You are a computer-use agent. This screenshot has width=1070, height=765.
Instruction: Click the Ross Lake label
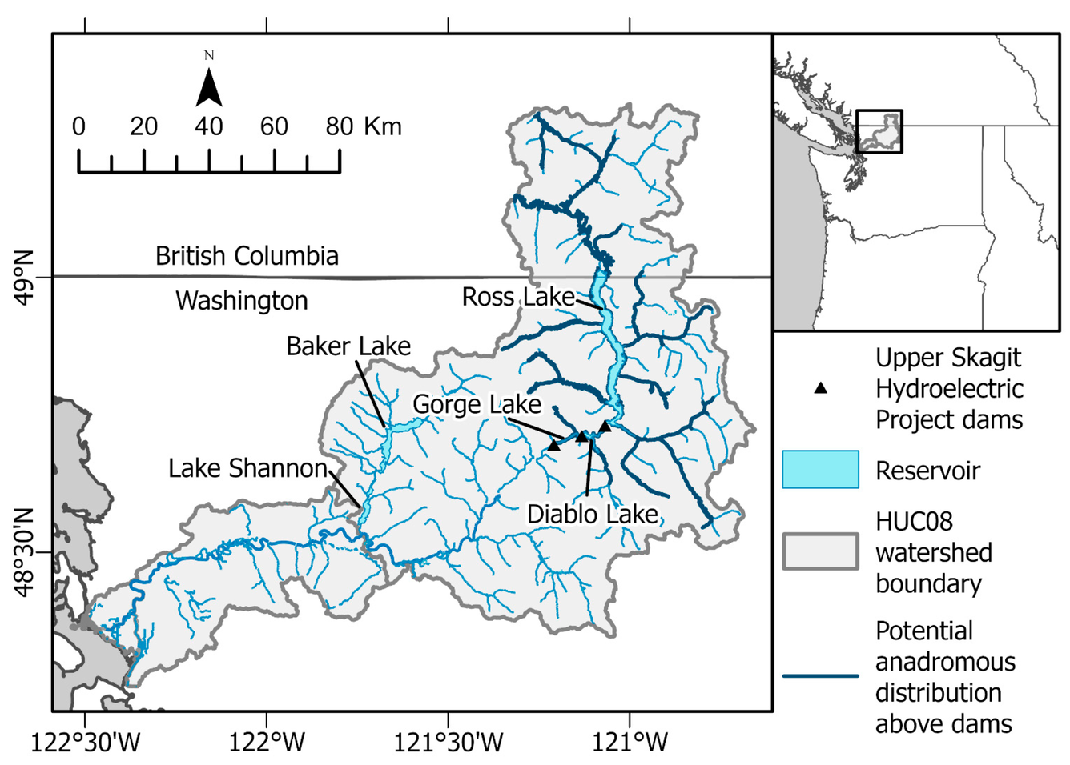[x=518, y=297]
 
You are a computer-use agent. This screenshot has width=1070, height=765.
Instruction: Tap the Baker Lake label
[x=348, y=346]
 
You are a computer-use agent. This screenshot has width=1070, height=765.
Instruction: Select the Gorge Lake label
[x=477, y=404]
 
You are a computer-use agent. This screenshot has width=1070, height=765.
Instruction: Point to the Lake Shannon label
[x=247, y=468]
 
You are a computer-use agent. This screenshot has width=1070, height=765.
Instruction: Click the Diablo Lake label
[x=592, y=514]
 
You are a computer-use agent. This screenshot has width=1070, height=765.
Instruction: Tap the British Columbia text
[x=247, y=256]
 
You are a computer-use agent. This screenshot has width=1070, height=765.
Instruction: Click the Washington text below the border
[x=242, y=301]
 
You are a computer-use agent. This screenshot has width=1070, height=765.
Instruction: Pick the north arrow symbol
[x=209, y=86]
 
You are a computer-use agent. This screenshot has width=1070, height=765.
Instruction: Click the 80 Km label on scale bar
[x=363, y=126]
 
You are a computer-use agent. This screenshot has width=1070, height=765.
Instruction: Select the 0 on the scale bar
[x=78, y=126]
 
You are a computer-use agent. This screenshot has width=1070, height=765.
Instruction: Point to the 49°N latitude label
[x=24, y=278]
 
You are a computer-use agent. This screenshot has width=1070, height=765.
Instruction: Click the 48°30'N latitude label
[x=24, y=551]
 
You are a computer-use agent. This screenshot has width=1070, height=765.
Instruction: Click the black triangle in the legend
[x=820, y=388]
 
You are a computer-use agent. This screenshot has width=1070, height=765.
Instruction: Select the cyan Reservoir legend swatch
[x=820, y=470]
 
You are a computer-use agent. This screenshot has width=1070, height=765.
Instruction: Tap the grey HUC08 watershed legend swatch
[x=820, y=552]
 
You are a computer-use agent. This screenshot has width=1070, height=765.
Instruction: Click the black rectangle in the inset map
[x=879, y=131]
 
